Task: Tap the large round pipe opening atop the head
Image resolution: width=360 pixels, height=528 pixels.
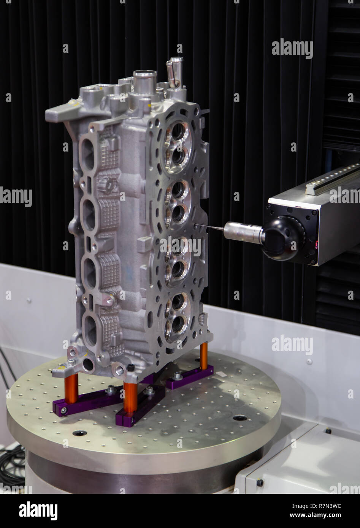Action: [144, 74]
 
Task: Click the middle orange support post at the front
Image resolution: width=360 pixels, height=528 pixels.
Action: [130, 397]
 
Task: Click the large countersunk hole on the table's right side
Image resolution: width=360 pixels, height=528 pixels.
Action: [240, 418]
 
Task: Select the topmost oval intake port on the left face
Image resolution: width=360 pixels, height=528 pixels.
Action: [88, 154]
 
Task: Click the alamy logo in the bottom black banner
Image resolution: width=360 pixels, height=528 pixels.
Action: [38, 511]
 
